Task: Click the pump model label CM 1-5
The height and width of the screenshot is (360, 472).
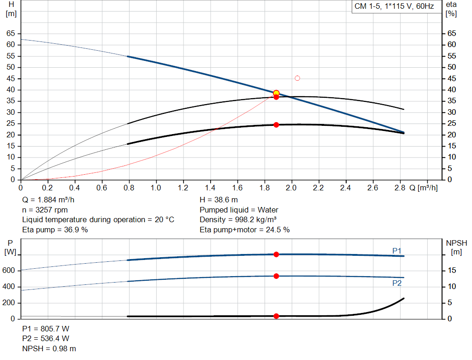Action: coord(394,6)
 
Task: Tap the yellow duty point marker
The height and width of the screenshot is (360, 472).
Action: coord(276,93)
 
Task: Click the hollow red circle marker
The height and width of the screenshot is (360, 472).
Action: coord(297,78)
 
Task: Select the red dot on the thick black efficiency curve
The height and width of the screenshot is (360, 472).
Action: coord(276,125)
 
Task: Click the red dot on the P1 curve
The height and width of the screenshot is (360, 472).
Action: coord(276,254)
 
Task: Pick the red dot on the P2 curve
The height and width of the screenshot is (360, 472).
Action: coord(276,276)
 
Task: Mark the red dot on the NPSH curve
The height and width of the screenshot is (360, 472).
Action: coord(276,316)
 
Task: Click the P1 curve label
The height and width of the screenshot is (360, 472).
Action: coord(397,250)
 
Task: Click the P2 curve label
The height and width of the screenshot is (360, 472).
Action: coord(397,283)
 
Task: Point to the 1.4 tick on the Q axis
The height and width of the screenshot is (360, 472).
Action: coord(210,188)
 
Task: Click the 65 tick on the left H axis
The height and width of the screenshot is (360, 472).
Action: coord(11,34)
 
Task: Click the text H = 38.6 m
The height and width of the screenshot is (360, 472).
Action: coord(219,200)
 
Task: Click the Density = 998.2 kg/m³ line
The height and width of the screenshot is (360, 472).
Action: coord(238,220)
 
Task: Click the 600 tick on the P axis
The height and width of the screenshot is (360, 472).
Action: coord(9,271)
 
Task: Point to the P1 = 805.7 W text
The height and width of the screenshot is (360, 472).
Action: coord(46,329)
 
